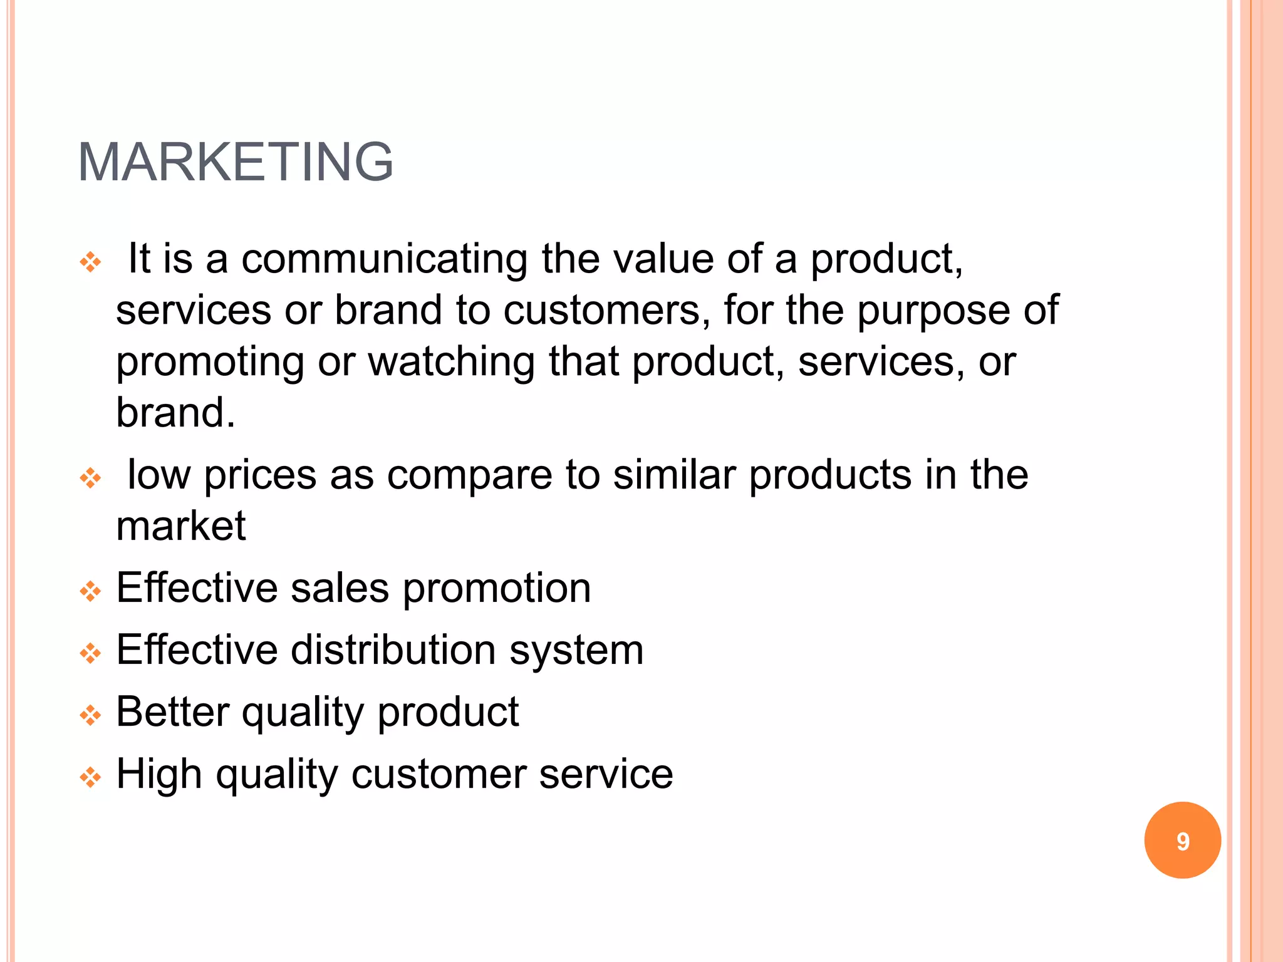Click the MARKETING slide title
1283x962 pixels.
[x=236, y=162]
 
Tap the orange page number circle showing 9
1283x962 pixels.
[x=1182, y=840]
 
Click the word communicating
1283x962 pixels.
[x=385, y=259]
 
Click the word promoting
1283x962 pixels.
[x=210, y=363]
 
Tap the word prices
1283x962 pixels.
[x=260, y=475]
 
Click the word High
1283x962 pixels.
[x=159, y=774]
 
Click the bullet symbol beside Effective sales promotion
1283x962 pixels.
[x=91, y=591]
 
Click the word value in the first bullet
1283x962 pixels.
[x=663, y=259]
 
